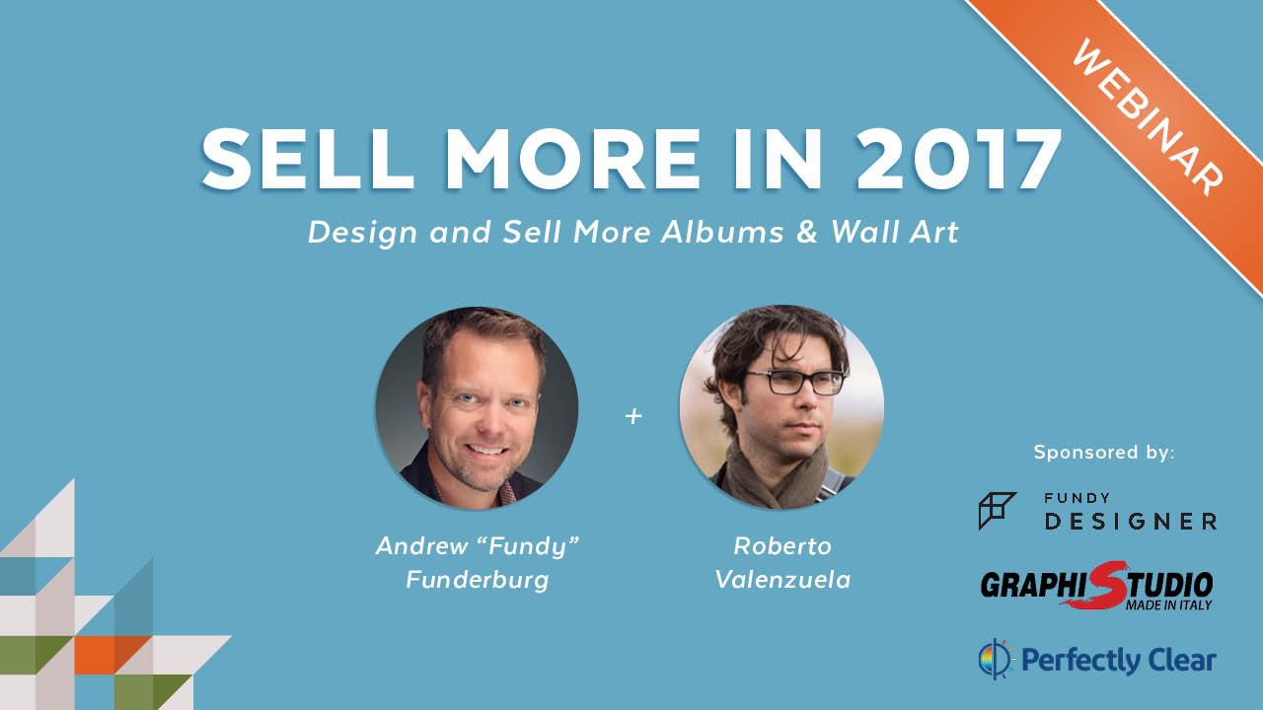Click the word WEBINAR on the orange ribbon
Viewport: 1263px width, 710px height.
click(x=1148, y=117)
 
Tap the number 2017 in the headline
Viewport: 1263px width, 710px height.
click(x=959, y=160)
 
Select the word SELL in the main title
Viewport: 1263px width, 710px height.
click(x=308, y=160)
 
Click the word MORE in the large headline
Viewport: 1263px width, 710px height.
click(x=573, y=160)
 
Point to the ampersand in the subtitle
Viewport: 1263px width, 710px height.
click(x=807, y=232)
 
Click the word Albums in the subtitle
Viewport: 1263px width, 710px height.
click(x=722, y=232)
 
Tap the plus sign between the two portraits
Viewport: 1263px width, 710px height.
click(x=633, y=416)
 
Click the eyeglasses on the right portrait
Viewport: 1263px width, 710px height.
click(x=795, y=382)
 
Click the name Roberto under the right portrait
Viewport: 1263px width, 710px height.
click(x=782, y=546)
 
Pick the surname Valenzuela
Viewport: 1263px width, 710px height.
click(x=782, y=580)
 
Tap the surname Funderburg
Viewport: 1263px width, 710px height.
click(x=478, y=581)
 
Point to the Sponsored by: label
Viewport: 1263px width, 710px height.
click(x=1104, y=452)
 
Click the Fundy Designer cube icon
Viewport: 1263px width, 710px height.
click(x=997, y=511)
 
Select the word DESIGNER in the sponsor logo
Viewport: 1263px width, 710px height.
click(x=1131, y=522)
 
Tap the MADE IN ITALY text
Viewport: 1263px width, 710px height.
click(x=1168, y=605)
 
